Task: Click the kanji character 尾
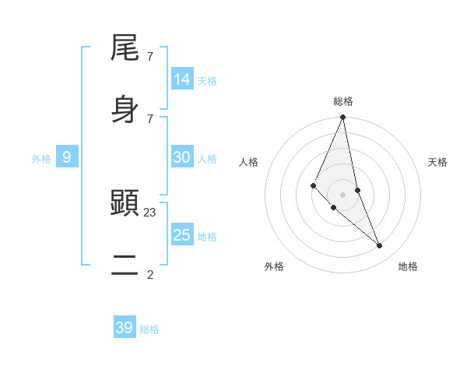[x=125, y=48]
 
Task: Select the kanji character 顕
[x=125, y=204]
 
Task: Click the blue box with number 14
[x=182, y=79]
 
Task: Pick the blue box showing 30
[x=182, y=157]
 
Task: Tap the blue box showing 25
[x=182, y=234]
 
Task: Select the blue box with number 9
[x=67, y=157]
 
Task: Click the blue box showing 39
[x=125, y=328]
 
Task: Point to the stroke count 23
[x=150, y=212]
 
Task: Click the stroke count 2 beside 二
[x=150, y=274]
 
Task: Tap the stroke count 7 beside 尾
[x=150, y=56]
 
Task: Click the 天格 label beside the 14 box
[x=207, y=80]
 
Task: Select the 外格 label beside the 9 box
[x=41, y=159]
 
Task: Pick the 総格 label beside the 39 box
[x=149, y=329]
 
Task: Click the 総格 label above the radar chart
[x=343, y=101]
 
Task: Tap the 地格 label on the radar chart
[x=408, y=266]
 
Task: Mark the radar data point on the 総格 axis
[x=342, y=118]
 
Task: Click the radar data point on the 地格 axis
[x=380, y=246]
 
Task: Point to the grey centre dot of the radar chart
[x=342, y=194]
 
